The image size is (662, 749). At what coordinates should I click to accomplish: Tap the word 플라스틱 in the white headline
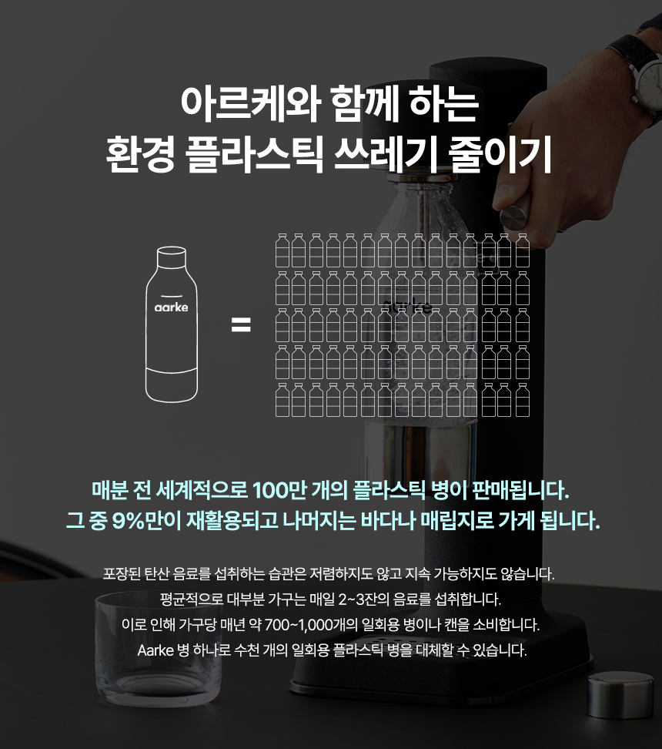coord(255,154)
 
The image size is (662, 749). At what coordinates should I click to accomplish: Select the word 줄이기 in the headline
coord(500,154)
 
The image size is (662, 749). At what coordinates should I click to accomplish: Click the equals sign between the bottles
coord(241,325)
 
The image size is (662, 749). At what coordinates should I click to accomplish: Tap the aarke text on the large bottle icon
coord(172,307)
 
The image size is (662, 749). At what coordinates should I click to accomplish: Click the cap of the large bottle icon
coord(172,256)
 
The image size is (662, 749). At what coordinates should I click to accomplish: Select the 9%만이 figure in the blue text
coord(146,521)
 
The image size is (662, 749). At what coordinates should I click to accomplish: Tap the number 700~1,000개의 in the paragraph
coord(310,624)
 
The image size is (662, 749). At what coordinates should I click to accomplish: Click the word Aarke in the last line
coord(155,650)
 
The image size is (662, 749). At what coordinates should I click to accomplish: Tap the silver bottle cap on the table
coord(620,694)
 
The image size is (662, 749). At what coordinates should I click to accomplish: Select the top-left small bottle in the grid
coord(283,250)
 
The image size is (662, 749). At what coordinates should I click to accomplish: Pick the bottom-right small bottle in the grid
coord(523,399)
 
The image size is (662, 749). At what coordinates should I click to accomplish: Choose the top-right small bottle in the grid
coord(523,250)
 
